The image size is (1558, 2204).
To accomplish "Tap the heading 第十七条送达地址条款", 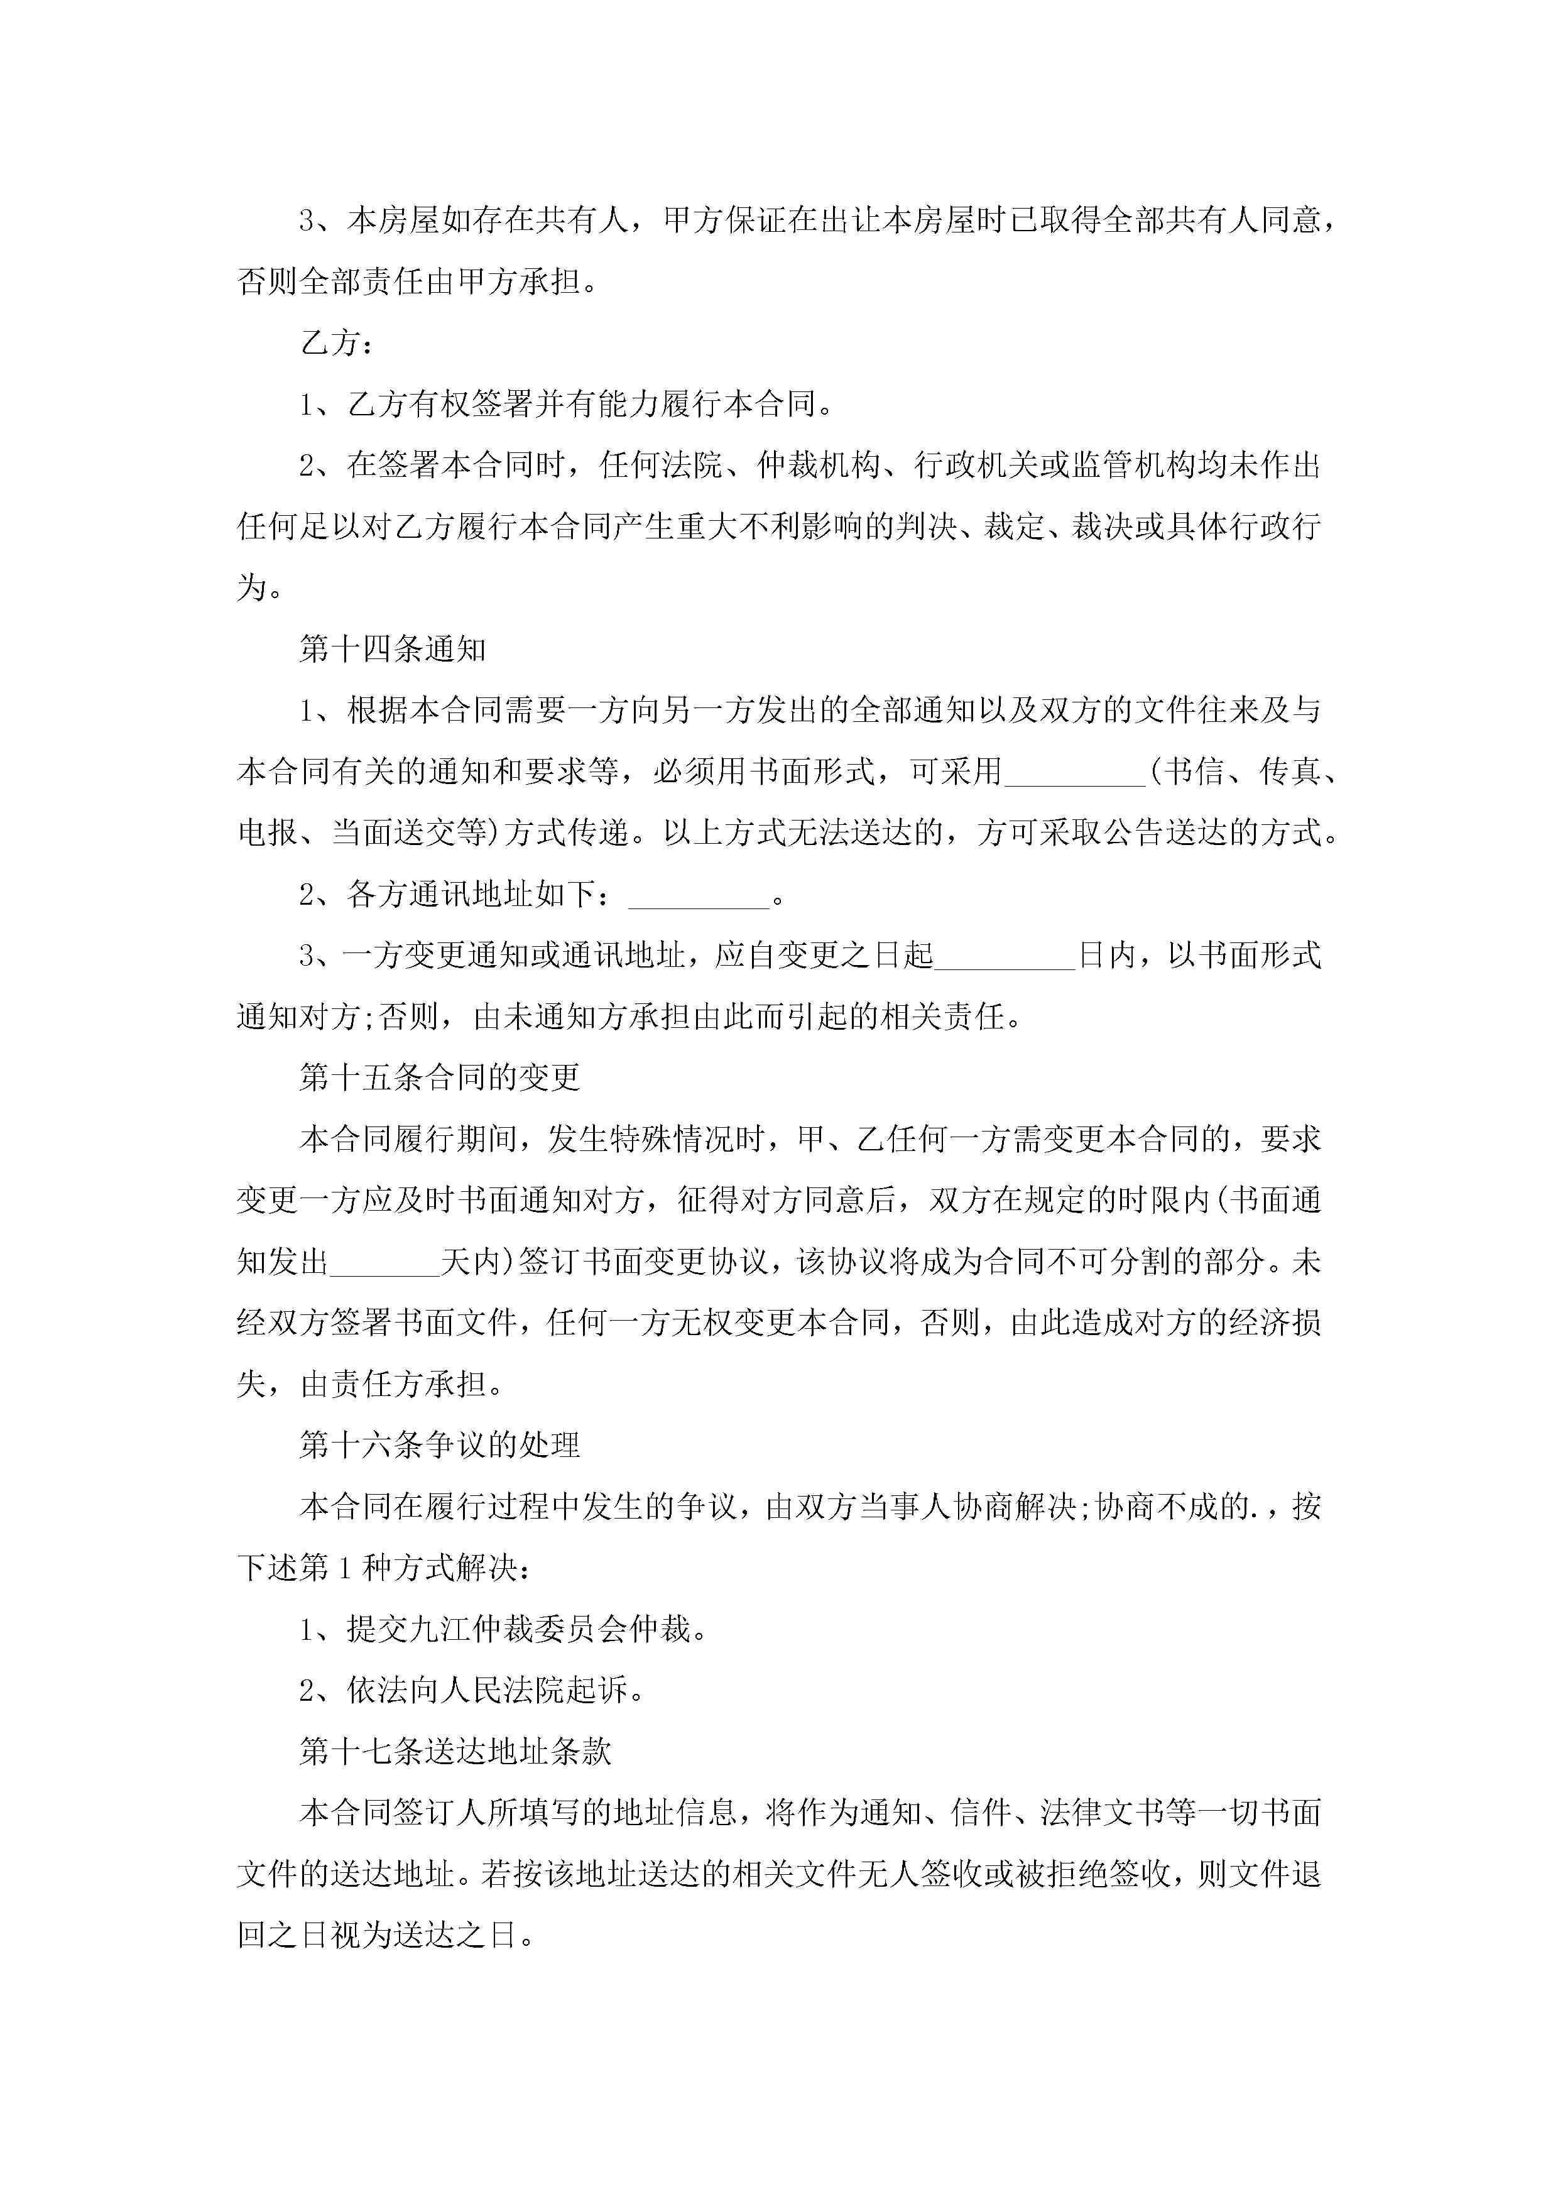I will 455,1752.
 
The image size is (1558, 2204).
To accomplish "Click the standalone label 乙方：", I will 336,342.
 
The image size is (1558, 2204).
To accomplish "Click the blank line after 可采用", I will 1075,773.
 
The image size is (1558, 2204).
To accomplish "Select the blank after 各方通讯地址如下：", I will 699,897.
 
